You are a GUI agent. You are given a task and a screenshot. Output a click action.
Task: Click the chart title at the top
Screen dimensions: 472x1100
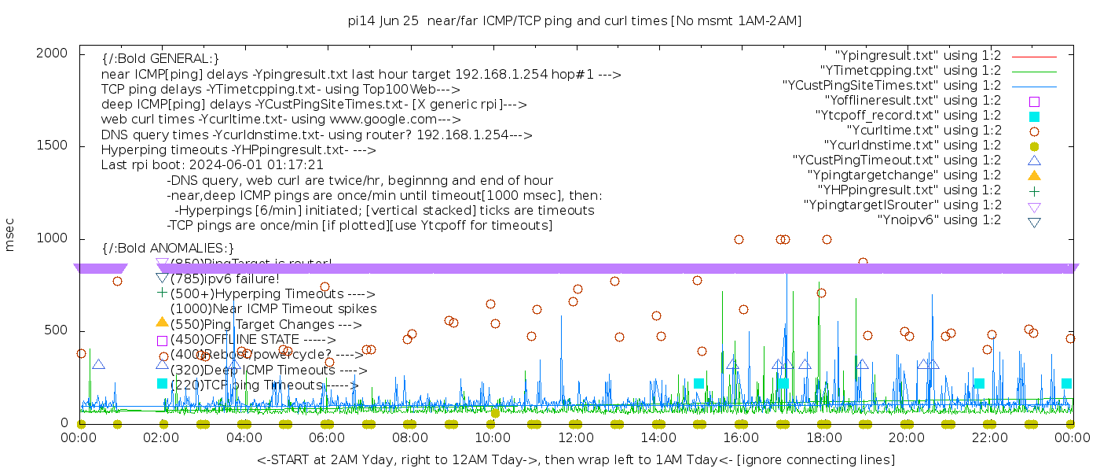574,21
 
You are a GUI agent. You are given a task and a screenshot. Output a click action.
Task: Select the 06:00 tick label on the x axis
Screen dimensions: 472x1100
327,437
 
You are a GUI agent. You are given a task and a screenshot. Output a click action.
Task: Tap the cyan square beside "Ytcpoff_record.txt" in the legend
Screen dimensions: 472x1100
1034,116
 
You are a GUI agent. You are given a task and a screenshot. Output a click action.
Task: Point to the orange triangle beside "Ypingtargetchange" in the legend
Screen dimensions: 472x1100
1034,175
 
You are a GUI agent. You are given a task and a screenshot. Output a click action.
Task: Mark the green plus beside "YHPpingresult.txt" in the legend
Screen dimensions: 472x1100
1034,190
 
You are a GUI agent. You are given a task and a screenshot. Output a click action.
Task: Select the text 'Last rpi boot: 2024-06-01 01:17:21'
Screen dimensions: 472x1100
212,165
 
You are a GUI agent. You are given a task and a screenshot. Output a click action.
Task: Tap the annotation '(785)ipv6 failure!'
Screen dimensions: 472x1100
225,278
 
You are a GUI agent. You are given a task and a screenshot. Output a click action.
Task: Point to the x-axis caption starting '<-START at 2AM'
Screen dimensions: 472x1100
575,459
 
